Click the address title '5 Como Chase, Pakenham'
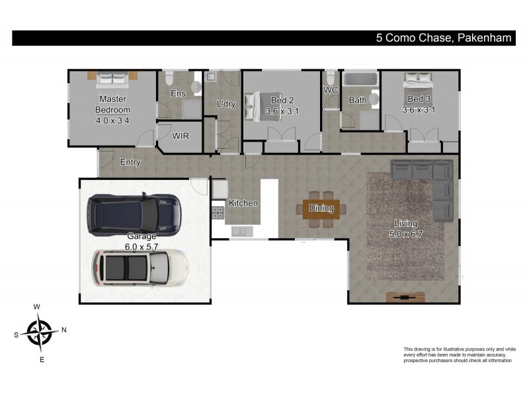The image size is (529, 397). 443,38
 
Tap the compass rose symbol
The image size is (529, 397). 40,330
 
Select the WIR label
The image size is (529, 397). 181,136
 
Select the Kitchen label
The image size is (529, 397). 243,203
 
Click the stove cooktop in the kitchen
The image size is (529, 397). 218,212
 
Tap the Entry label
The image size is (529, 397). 130,162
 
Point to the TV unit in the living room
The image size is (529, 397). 401,297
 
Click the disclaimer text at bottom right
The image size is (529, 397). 458,355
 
